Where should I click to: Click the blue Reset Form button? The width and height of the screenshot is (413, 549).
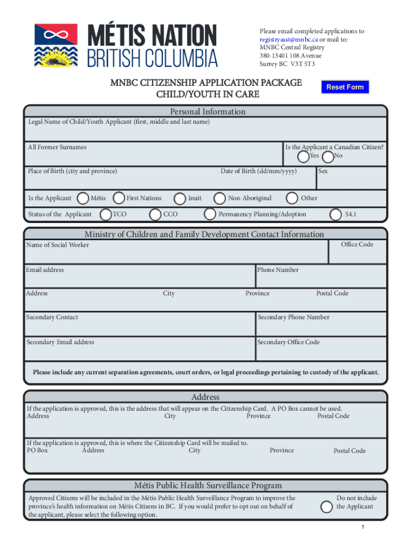click(345, 87)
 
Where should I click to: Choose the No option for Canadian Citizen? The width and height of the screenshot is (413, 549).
click(328, 156)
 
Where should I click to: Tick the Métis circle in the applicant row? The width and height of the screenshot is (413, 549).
click(83, 198)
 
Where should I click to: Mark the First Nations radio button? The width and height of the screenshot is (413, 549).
click(119, 198)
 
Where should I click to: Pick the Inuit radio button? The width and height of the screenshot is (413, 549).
click(180, 198)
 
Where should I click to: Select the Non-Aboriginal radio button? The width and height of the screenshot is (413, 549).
click(219, 198)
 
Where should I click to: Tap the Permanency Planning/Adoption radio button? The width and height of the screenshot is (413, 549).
click(210, 214)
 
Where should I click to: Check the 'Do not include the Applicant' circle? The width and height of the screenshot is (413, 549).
click(326, 507)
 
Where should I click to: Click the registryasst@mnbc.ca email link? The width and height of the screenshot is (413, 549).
click(281, 39)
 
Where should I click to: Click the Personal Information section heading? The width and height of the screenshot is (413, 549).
click(208, 112)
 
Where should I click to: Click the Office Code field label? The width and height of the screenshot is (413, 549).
click(357, 244)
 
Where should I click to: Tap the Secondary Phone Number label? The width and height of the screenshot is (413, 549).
click(293, 317)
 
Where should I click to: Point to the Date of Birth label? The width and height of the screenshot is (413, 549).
click(259, 171)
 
